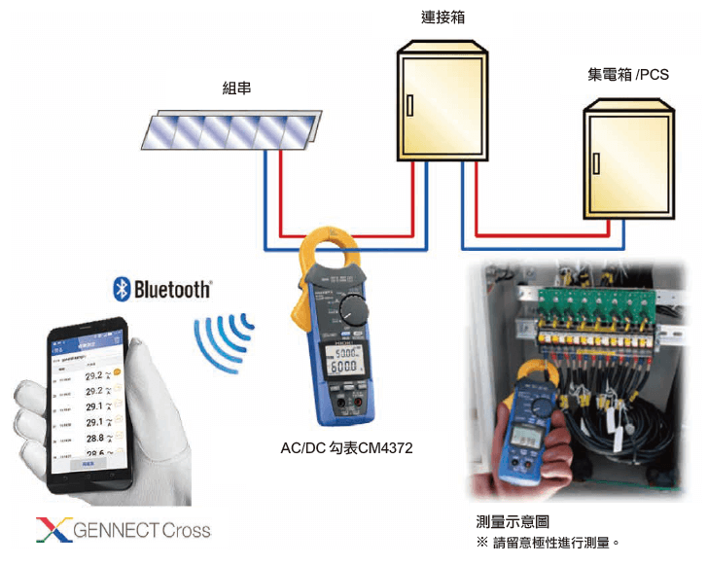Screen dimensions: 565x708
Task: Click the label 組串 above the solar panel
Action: [236, 88]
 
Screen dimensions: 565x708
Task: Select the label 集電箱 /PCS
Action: [626, 74]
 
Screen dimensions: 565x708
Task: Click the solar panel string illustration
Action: [230, 131]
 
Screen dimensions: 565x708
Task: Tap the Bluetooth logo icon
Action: [123, 288]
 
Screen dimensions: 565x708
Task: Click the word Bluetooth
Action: [172, 289]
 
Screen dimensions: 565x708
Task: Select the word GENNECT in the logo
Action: [115, 530]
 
